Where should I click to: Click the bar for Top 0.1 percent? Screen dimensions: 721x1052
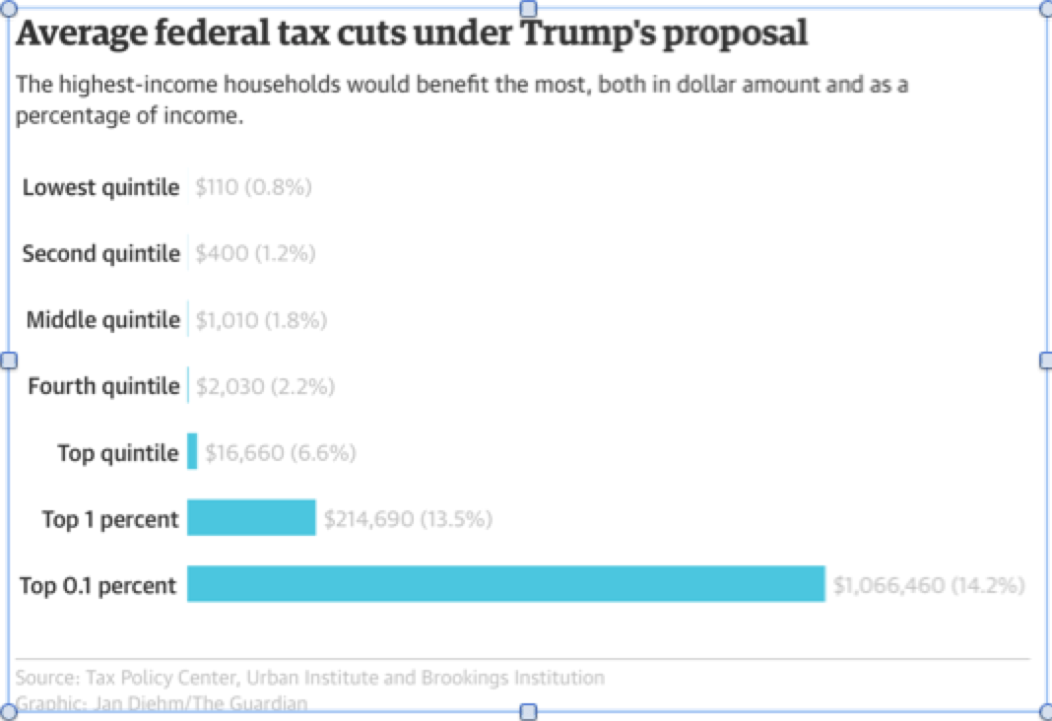[505, 583]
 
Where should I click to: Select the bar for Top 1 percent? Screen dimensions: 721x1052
[251, 517]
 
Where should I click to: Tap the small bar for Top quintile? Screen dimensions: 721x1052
[192, 452]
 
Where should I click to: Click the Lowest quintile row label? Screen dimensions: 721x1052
[100, 187]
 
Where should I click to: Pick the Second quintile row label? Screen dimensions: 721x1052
[100, 253]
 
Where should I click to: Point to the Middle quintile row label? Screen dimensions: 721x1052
[102, 319]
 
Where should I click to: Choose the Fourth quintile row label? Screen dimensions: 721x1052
[103, 386]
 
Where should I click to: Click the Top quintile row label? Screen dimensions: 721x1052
[118, 453]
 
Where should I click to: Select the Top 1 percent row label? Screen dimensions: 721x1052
[110, 519]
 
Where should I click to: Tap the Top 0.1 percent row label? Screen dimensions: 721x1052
[99, 586]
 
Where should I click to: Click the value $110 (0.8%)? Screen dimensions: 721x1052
[253, 187]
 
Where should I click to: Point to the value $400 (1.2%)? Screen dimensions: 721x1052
[255, 253]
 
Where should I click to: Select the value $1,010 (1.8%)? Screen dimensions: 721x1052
[261, 320]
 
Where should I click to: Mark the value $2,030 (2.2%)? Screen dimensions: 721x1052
[265, 386]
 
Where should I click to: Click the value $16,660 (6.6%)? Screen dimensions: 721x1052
[281, 453]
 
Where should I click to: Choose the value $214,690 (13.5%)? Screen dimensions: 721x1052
[408, 519]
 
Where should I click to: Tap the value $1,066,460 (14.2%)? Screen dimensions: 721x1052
[929, 586]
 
